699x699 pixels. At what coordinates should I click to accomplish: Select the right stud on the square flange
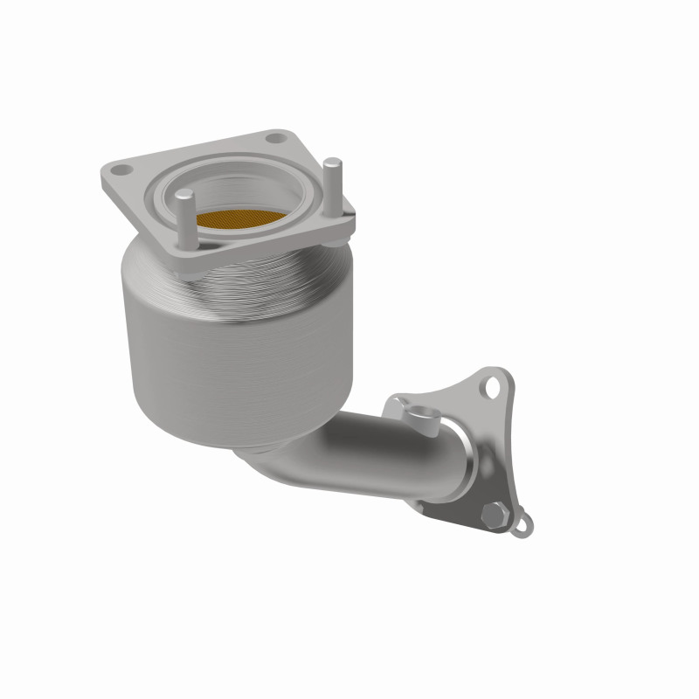point(332,187)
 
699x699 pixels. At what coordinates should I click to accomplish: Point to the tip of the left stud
point(186,197)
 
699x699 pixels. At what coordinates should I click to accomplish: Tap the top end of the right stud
point(332,163)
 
